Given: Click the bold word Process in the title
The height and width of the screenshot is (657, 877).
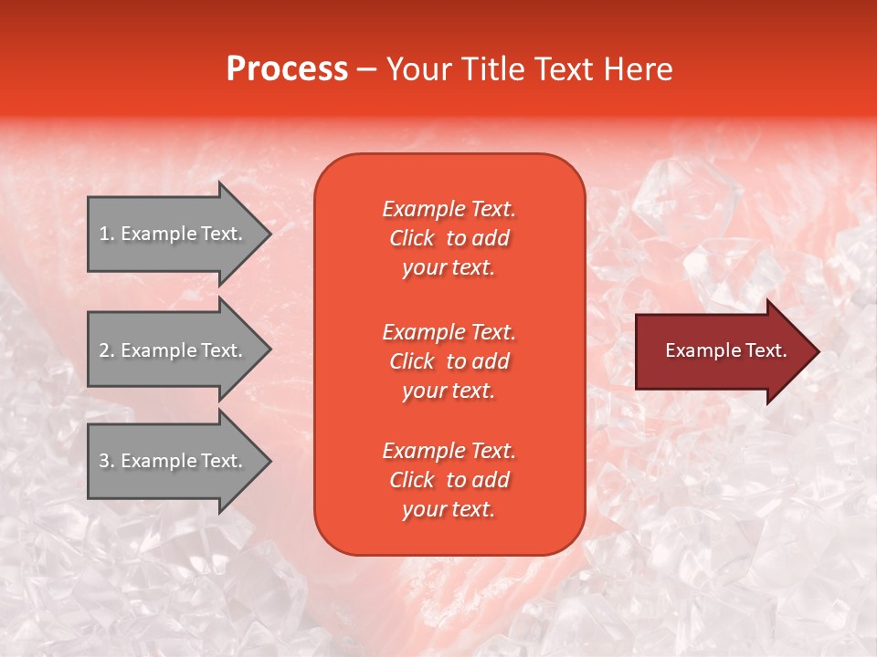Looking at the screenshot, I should click(287, 69).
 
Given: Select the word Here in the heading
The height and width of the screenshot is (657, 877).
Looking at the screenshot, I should click(639, 69).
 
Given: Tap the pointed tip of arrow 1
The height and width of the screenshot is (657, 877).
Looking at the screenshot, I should click(269, 235).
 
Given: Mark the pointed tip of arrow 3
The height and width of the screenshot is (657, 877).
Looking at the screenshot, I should click(269, 462).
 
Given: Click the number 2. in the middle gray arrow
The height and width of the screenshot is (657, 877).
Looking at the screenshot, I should click(107, 351).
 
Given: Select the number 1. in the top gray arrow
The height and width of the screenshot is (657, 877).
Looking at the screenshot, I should click(107, 235).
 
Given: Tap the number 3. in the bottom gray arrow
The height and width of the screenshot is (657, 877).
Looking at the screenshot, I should click(107, 462).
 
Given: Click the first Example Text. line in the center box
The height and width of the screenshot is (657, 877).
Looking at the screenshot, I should click(449, 209).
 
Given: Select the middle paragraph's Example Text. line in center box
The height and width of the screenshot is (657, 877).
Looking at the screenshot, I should click(449, 332).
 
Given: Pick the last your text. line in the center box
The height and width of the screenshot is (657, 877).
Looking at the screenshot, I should click(449, 510).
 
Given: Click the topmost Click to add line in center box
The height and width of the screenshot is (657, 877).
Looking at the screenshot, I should click(449, 239).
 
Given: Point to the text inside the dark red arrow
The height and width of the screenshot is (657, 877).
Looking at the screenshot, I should click(725, 351).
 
